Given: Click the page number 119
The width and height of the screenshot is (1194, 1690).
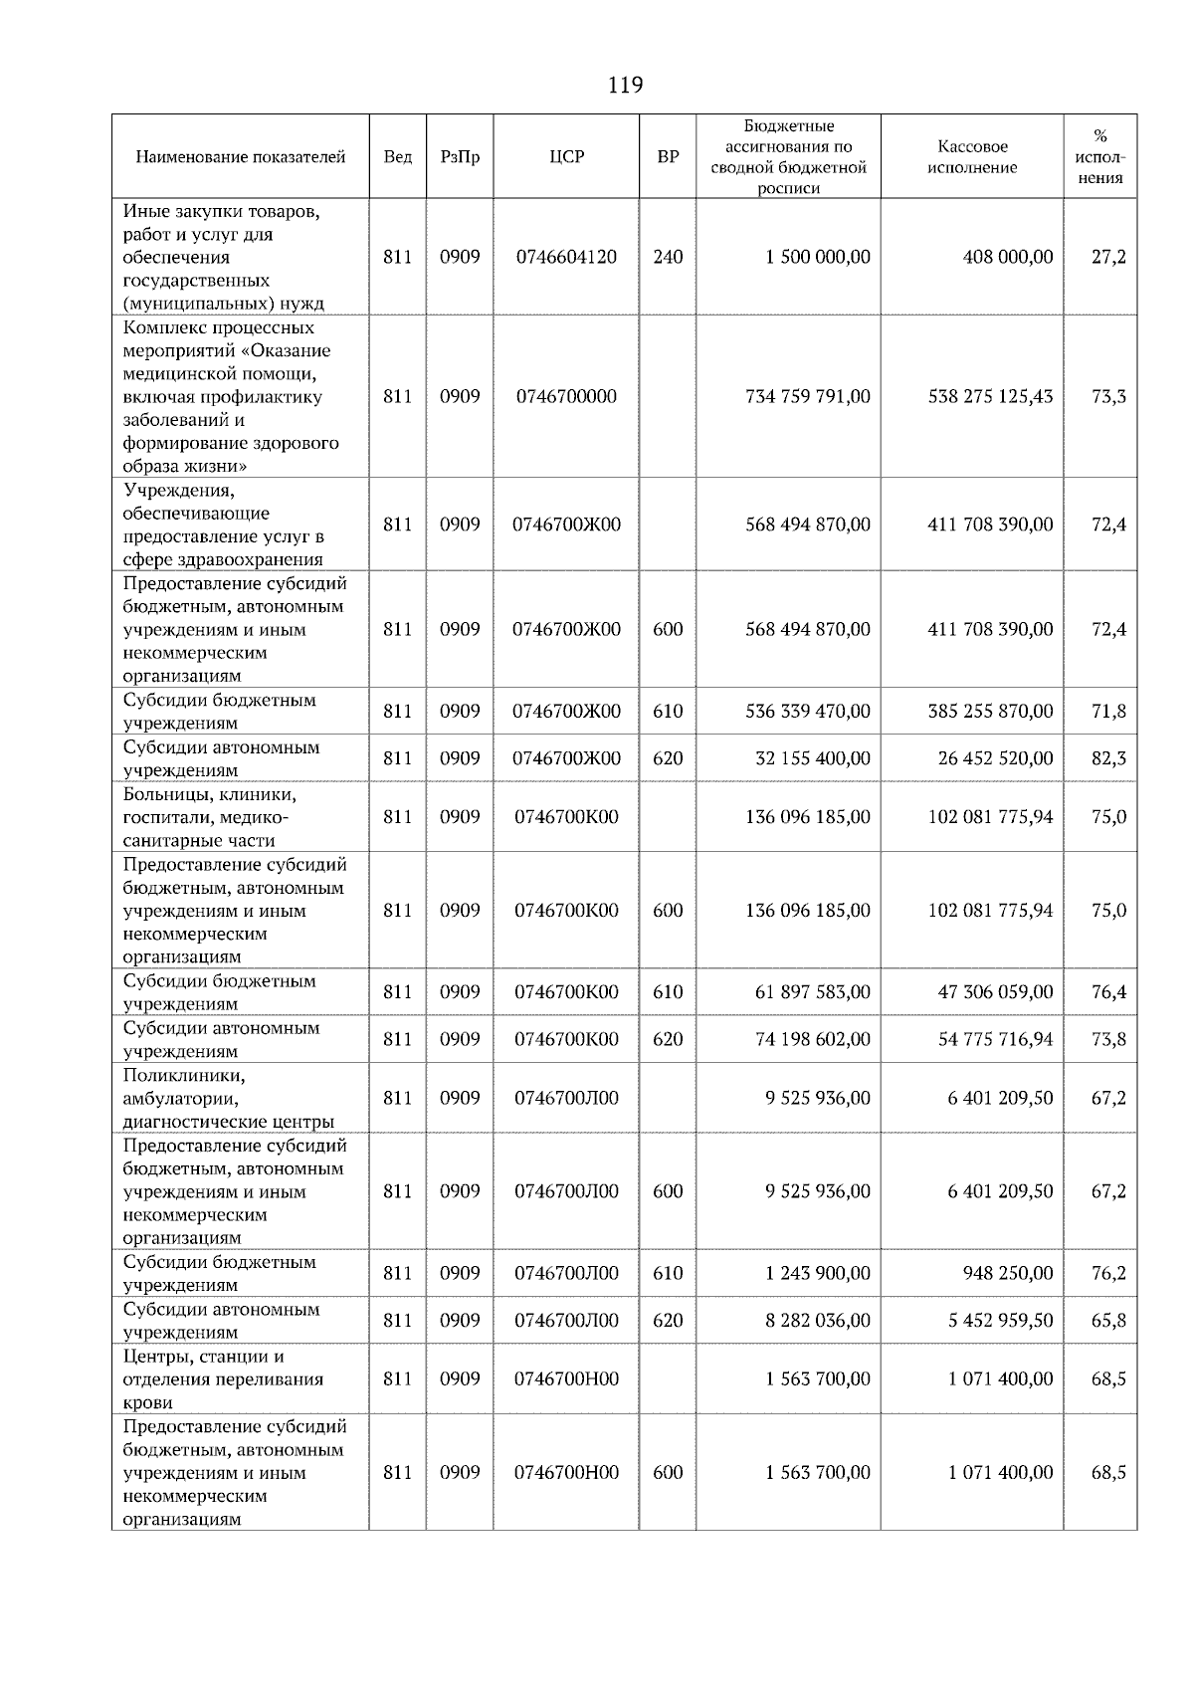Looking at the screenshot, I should pos(625,85).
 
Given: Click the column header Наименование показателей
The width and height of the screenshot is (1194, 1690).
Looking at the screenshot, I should pos(240,157).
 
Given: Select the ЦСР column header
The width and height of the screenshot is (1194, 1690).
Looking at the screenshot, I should pos(566,157).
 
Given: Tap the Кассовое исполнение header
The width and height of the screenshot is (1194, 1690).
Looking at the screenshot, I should pos(971,157).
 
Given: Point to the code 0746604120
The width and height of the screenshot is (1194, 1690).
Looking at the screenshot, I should pos(566,257).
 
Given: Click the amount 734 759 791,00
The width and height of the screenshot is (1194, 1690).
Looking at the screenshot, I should pos(807,396).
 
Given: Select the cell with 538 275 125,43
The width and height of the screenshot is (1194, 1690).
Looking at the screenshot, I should pos(990,396).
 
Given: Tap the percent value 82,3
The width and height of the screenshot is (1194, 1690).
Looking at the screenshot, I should pos(1108,758).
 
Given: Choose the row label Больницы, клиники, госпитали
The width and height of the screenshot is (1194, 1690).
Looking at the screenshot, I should pos(210,817).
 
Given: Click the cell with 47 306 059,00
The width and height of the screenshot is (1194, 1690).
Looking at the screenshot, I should pos(995,992).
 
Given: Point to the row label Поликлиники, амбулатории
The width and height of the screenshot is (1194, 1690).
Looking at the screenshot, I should pos(228,1099).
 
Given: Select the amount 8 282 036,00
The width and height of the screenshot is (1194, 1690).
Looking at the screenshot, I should pos(818,1321).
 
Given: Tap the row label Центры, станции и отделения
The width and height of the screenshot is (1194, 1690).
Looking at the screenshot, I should pos(223,1379).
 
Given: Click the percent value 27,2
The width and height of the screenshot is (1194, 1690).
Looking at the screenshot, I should pos(1108,257).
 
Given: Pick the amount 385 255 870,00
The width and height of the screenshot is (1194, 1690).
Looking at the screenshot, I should pos(990,712).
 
